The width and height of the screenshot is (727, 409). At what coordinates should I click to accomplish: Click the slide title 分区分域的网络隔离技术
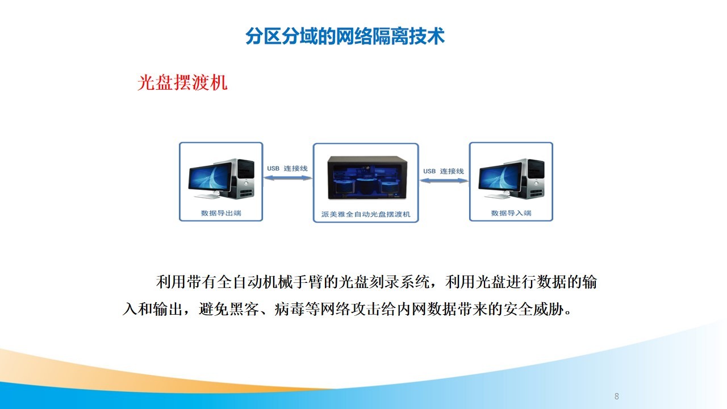click(345, 36)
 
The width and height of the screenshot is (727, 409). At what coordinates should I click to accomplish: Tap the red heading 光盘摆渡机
click(182, 82)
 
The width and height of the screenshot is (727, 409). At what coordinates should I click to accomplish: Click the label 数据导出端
click(221, 213)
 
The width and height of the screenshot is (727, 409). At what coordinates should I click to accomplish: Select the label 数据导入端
click(511, 213)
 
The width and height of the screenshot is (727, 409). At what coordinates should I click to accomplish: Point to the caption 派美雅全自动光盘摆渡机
click(366, 214)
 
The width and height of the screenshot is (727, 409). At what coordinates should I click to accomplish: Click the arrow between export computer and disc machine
click(287, 178)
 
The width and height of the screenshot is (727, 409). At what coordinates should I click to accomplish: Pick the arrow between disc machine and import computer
click(444, 181)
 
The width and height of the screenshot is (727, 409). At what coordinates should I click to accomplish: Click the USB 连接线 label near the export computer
click(287, 169)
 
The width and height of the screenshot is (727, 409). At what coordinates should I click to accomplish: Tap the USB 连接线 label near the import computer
click(444, 171)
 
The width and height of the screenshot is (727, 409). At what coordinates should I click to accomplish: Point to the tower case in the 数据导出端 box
click(242, 178)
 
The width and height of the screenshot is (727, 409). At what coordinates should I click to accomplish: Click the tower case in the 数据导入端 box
click(532, 178)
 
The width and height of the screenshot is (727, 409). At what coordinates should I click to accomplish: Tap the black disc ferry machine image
click(367, 177)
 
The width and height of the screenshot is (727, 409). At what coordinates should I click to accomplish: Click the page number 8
click(617, 396)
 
